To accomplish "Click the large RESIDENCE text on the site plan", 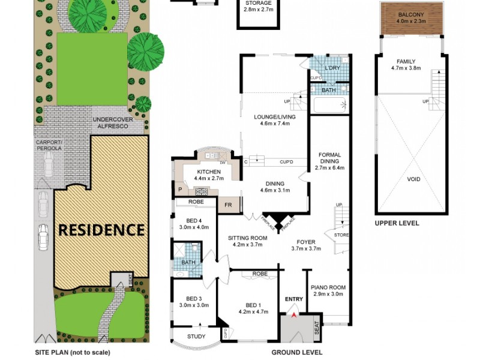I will click(101, 230).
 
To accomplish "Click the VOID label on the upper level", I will click(413, 179).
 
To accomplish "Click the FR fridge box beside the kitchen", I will click(229, 205).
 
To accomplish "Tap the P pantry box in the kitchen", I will click(179, 190).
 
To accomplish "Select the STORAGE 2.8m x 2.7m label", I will click(259, 7).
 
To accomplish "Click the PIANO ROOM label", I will click(328, 290).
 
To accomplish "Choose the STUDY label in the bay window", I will click(196, 336).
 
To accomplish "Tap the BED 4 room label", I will click(193, 224).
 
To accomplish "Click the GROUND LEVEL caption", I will click(296, 352).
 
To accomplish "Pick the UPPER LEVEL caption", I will click(397, 223).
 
